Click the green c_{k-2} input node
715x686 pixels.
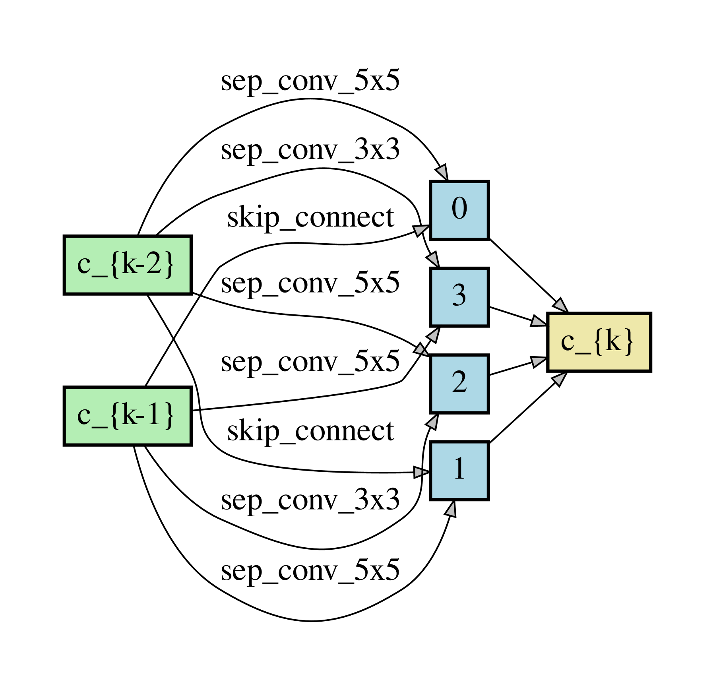pos(128,265)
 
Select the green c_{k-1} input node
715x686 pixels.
pos(128,416)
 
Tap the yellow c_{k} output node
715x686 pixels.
pos(599,342)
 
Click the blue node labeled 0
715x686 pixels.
pos(459,210)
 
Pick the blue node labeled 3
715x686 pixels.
pos(459,297)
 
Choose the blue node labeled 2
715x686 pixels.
pos(459,384)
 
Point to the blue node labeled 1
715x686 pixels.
pos(459,470)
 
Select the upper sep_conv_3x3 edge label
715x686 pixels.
pos(310,150)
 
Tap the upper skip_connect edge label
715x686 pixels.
pos(310,218)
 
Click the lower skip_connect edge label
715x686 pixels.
pos(310,431)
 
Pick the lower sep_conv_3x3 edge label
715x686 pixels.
pos(310,500)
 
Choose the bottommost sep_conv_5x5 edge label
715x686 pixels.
pos(310,570)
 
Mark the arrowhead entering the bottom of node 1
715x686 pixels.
pos(451,509)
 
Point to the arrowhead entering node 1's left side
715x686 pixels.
pos(421,472)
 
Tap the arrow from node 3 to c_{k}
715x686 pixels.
pos(517,316)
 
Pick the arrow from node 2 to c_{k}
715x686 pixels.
pos(517,367)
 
